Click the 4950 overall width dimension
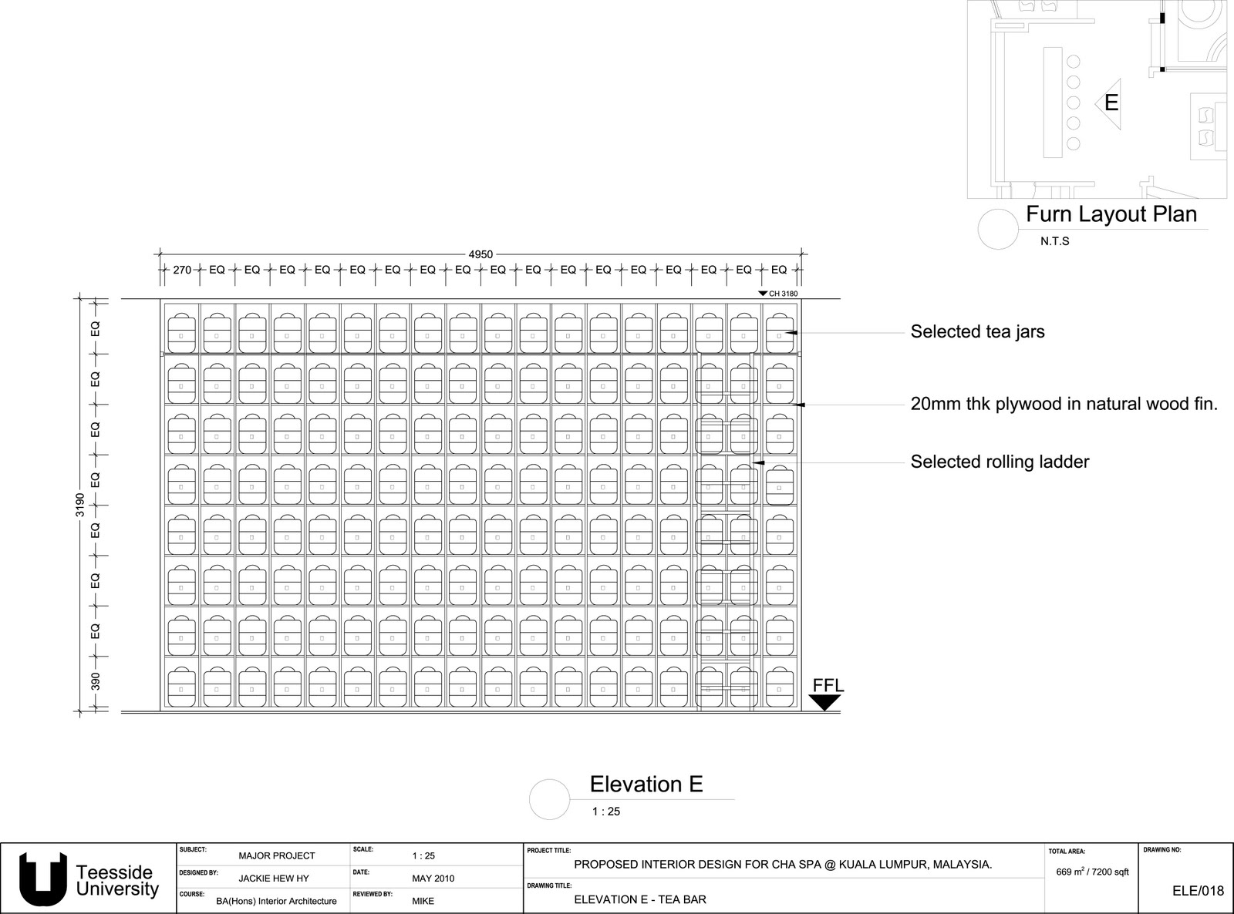tap(480, 254)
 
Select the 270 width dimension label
tap(182, 270)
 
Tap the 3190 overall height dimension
tap(80, 506)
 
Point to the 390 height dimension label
tap(96, 682)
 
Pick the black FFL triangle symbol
tap(824, 702)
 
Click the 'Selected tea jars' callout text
tap(977, 332)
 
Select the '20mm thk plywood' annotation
tap(1064, 404)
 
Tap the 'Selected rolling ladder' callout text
tap(1000, 462)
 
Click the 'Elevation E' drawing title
tap(646, 785)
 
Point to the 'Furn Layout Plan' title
tap(1111, 214)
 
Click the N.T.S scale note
tap(1054, 241)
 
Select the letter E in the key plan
tap(1111, 102)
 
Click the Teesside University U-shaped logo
tap(43, 879)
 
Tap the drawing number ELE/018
tap(1198, 891)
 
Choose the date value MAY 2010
tap(433, 879)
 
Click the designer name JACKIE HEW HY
tap(274, 879)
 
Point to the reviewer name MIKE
tap(423, 901)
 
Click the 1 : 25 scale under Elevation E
tap(606, 812)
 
